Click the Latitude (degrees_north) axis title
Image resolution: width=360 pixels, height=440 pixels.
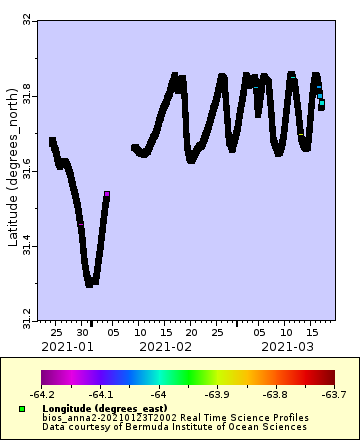(10, 171)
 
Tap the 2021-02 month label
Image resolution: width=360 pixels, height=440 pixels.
(166, 346)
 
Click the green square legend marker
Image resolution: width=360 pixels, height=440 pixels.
(21, 409)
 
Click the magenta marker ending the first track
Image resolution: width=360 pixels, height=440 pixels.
(107, 193)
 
